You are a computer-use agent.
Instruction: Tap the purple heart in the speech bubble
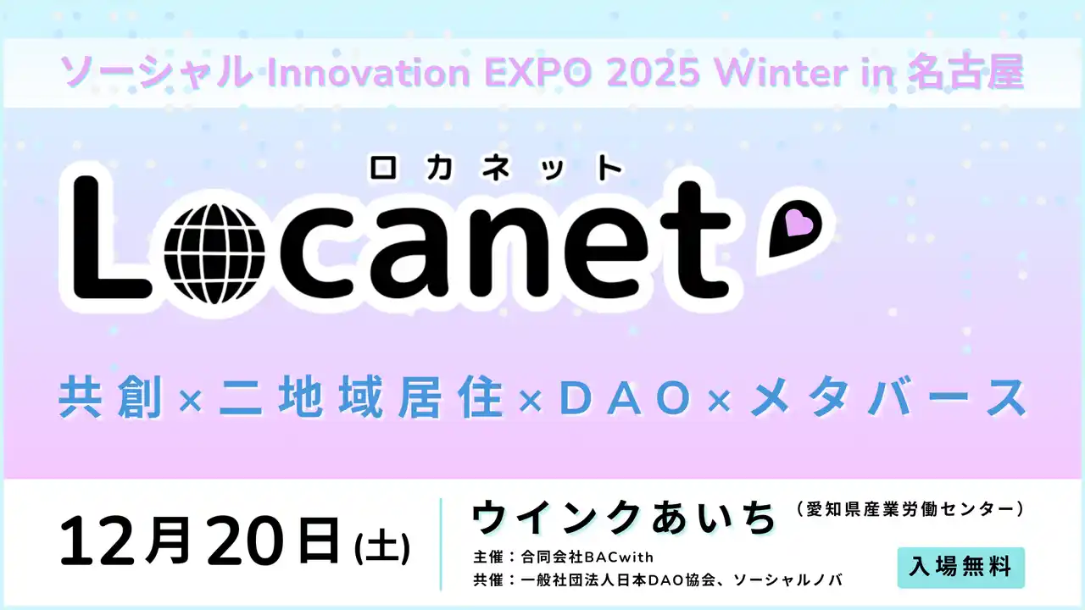point(798,224)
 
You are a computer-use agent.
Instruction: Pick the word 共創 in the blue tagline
point(110,398)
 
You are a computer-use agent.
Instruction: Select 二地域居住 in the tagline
point(362,398)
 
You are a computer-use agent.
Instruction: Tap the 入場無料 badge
point(960,568)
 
